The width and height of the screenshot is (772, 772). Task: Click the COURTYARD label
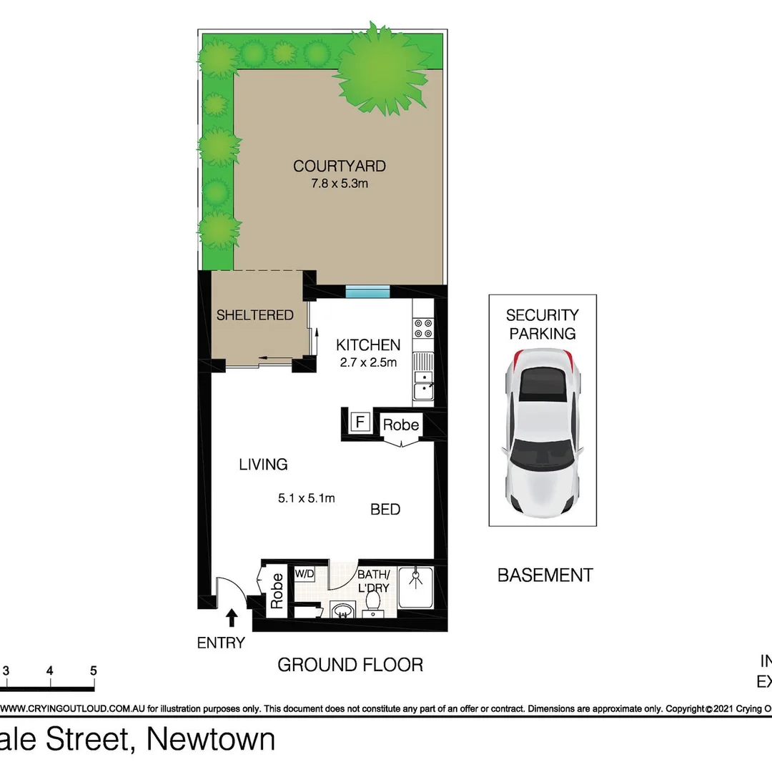tap(340, 167)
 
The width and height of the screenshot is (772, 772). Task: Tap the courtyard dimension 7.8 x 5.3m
tap(340, 184)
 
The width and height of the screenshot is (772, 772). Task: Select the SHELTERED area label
tap(255, 315)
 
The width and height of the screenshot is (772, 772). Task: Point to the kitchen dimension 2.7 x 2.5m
tap(368, 362)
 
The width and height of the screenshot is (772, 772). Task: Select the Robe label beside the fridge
tap(400, 425)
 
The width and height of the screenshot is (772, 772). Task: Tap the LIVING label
tap(263, 465)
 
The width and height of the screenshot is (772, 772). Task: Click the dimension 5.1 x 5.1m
tap(307, 498)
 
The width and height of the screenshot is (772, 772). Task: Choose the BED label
tap(385, 510)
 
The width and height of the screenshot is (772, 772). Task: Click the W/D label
tap(305, 574)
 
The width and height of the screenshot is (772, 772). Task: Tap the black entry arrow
tap(231, 617)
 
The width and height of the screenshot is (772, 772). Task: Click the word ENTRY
tap(221, 643)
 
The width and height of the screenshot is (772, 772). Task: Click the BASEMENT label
tap(545, 575)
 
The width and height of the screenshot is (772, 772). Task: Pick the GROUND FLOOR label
tap(350, 665)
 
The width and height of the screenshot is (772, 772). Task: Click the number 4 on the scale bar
tap(50, 671)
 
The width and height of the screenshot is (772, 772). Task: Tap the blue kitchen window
tap(367, 291)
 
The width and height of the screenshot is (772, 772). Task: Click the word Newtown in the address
tap(211, 740)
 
